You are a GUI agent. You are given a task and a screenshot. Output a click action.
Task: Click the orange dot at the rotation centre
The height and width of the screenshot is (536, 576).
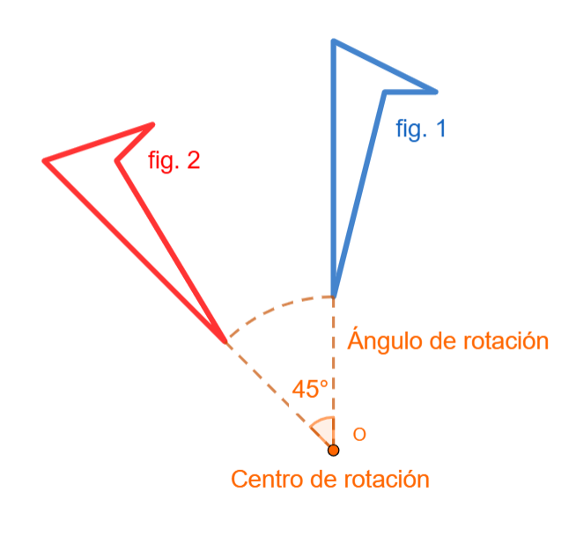(x=333, y=451)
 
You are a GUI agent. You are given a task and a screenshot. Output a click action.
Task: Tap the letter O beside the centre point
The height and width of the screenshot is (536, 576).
(x=359, y=435)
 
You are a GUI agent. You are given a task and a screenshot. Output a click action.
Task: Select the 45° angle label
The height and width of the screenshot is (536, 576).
(x=310, y=389)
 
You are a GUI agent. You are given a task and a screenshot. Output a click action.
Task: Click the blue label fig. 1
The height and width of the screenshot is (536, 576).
(x=421, y=129)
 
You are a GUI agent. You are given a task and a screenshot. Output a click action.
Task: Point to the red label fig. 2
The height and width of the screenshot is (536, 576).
(x=174, y=160)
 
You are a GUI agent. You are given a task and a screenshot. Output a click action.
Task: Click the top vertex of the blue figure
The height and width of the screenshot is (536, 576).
(x=333, y=40)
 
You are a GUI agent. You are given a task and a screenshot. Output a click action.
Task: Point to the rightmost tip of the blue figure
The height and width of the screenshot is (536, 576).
(x=436, y=91)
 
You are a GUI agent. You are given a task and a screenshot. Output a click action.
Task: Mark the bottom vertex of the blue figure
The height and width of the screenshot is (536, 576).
(x=333, y=295)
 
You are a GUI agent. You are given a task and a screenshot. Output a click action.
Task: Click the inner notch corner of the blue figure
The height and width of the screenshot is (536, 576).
(x=385, y=91)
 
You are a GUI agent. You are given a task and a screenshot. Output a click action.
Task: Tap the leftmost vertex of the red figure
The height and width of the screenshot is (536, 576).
(x=44, y=160)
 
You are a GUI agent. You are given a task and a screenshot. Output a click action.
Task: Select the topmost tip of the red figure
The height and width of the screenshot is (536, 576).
(x=153, y=124)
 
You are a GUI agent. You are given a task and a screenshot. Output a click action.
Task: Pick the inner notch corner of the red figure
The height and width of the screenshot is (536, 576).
(x=117, y=160)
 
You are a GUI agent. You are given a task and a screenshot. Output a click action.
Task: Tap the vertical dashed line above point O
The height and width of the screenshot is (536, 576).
(x=333, y=370)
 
